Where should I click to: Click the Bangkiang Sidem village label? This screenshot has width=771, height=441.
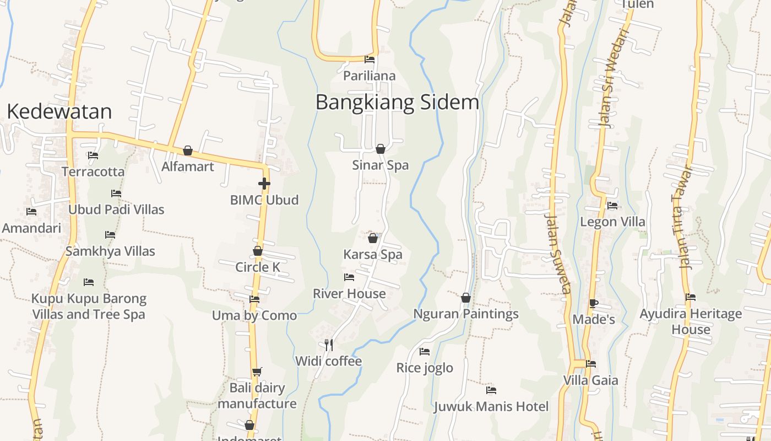(397, 103)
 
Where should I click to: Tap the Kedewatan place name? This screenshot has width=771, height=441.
(59, 111)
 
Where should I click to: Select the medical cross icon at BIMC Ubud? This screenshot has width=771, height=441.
(264, 183)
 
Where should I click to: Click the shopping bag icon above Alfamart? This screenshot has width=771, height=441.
(188, 150)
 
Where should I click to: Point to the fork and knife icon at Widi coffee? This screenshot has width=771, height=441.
(328, 345)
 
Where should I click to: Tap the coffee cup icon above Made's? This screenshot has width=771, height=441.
(593, 303)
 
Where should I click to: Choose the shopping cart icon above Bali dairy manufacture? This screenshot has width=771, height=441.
(257, 372)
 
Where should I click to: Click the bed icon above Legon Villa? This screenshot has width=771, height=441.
(612, 206)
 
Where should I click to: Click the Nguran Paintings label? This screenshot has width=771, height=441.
(466, 314)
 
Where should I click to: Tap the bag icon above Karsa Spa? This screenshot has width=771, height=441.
(373, 238)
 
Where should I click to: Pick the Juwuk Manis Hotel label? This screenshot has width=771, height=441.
(491, 407)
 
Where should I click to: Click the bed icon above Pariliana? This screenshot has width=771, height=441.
(370, 60)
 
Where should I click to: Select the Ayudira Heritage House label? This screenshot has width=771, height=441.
(691, 321)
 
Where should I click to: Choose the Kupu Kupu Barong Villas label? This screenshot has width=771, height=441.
(89, 306)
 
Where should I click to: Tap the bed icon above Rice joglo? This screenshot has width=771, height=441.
(425, 351)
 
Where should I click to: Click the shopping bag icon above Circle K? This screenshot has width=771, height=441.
(258, 251)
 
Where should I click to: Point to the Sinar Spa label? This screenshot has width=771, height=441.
(381, 165)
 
